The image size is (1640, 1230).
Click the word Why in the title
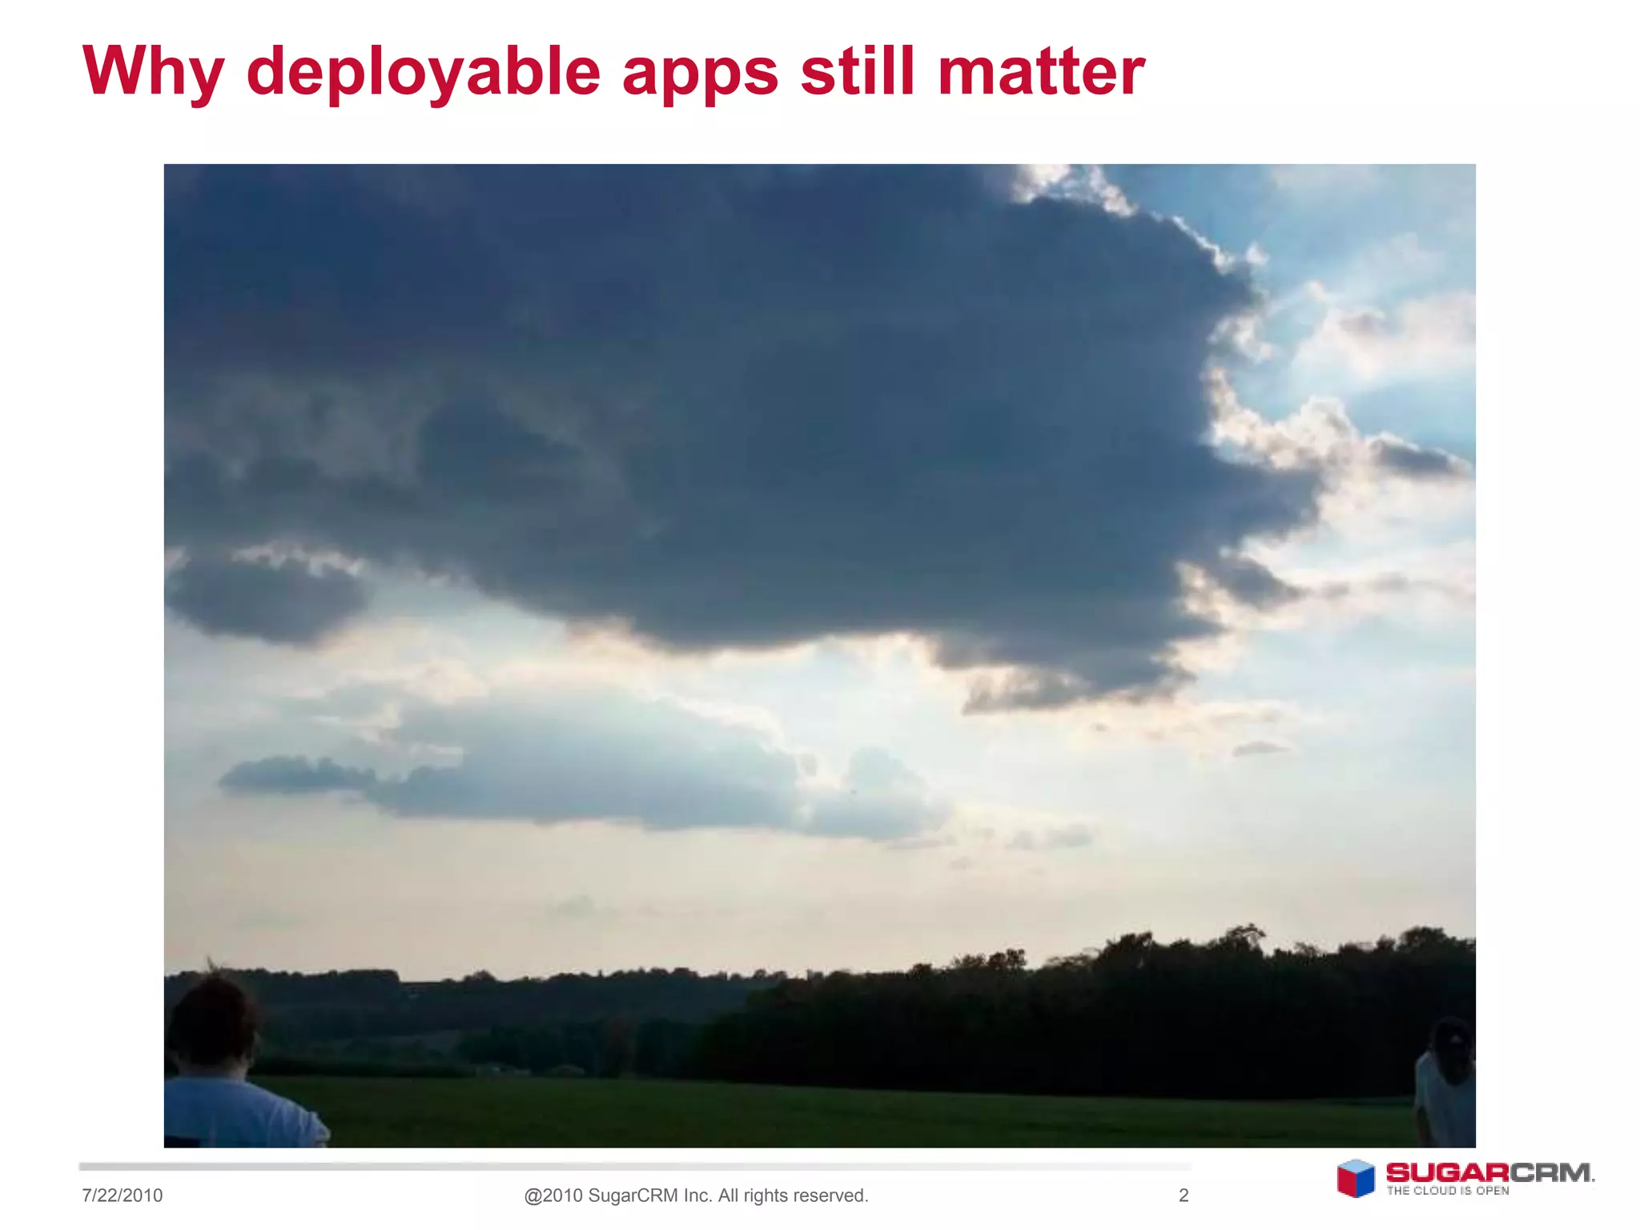pos(153,72)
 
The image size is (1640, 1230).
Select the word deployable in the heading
pos(423,72)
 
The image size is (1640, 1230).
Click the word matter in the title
pos(1041,72)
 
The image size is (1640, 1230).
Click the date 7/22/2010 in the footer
pos(122,1196)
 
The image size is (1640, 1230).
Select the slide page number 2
pos(1184,1196)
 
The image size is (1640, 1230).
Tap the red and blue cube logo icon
pos(1355,1179)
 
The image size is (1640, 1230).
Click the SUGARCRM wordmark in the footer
pos(1489,1173)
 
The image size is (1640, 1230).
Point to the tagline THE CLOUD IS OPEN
pos(1448,1191)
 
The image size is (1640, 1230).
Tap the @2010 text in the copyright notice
pos(553,1196)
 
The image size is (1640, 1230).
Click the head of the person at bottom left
pos(212,1021)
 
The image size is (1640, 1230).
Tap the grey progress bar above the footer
pos(633,1167)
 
